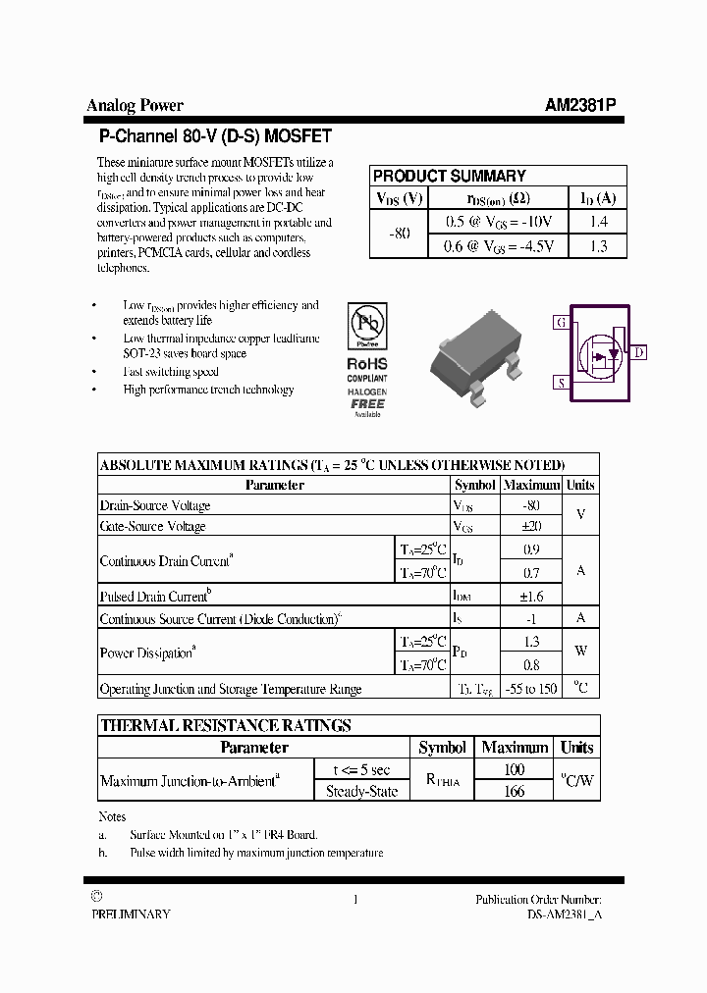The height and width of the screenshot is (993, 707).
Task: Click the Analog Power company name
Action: pos(135,106)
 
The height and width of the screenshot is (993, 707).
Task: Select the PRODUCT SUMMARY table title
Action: pos(449,176)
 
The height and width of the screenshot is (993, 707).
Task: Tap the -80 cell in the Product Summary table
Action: pos(399,235)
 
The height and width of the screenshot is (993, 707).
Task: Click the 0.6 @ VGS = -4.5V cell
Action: pos(499,246)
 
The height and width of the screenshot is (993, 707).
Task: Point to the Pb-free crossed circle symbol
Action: pos(366,325)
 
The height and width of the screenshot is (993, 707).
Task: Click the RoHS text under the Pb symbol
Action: pos(366,363)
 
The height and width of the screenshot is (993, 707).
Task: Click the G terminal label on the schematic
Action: pos(561,322)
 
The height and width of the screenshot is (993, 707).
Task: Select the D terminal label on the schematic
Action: pos(638,352)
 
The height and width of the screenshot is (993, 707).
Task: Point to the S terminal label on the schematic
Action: pos(561,383)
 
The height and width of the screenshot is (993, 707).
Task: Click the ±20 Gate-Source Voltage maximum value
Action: pos(531,527)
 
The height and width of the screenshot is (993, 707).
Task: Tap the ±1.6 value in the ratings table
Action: pos(531,596)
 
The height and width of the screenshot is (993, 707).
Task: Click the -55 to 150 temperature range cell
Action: pos(531,689)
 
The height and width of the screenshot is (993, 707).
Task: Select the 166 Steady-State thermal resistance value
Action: pos(514,791)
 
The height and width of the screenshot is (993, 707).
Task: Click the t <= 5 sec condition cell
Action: pos(360,770)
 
